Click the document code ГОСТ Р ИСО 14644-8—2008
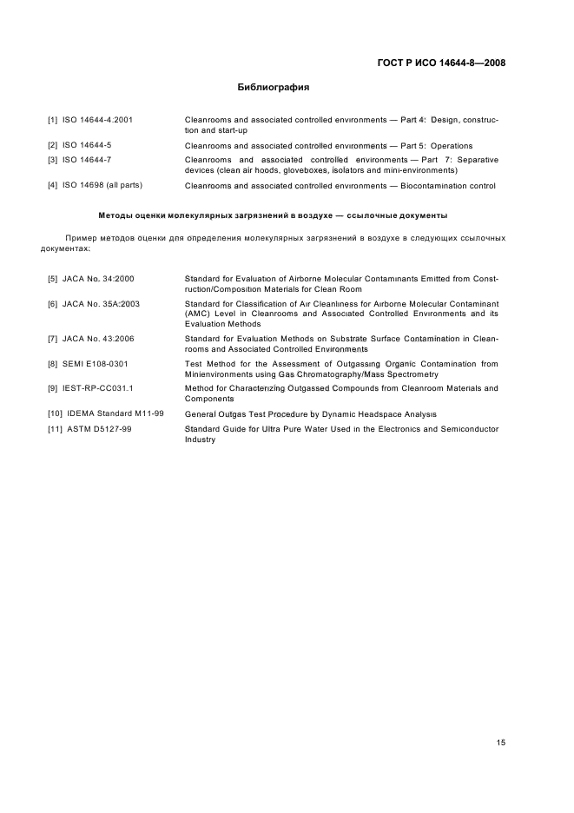pos(442,63)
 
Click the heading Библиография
pos(274,88)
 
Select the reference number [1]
pos(52,119)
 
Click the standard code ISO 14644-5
pos(87,145)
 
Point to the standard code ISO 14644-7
pos(87,160)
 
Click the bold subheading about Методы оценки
pos(274,214)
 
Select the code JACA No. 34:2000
pos(98,279)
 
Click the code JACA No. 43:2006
pos(98,338)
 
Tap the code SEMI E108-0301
pos(96,363)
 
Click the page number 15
pos(500,717)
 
